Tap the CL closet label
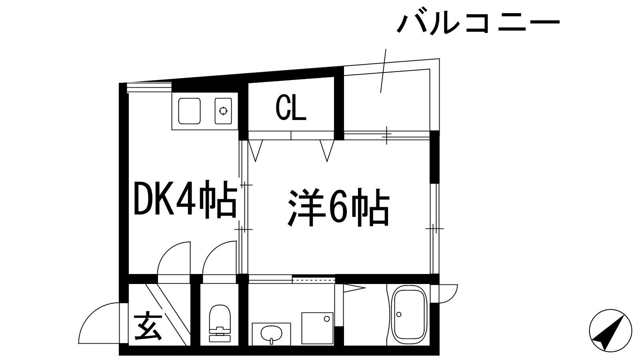[291, 108]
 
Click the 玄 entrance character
[147, 328]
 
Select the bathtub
[409, 315]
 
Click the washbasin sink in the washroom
[271, 334]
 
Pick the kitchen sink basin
[189, 111]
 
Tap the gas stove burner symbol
[223, 111]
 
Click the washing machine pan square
[318, 328]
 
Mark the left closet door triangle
[256, 150]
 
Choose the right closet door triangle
[327, 150]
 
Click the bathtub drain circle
[399, 314]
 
